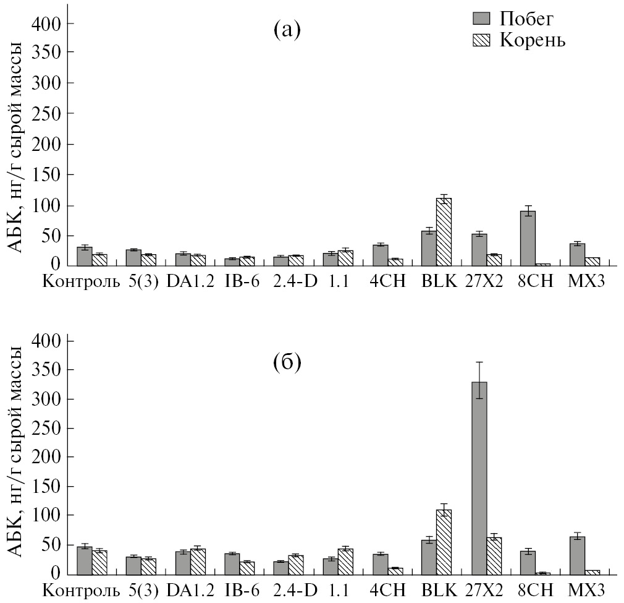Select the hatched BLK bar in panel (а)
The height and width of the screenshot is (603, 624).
click(x=445, y=233)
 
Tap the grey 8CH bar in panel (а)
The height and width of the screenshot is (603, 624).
click(x=528, y=239)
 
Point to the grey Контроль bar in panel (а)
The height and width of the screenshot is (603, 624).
click(x=84, y=257)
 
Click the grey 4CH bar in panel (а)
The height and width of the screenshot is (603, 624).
click(x=380, y=255)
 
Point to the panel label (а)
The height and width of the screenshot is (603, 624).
click(x=287, y=29)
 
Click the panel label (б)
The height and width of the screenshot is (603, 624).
click(x=287, y=362)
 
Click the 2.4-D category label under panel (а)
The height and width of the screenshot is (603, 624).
click(x=294, y=282)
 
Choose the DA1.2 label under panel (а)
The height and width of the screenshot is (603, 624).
click(x=190, y=282)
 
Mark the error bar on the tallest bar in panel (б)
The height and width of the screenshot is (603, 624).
click(x=479, y=380)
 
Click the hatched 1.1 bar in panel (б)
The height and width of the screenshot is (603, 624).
click(x=345, y=561)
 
